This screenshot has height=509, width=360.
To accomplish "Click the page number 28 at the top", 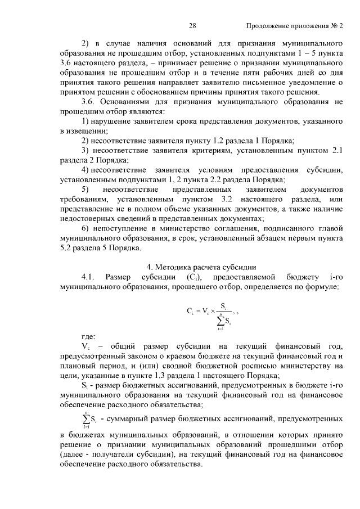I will (x=192, y=26).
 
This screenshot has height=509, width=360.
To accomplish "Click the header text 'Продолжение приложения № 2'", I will (x=294, y=26).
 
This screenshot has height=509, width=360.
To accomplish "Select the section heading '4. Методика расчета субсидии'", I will (x=201, y=266).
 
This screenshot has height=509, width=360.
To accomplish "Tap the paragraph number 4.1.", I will (x=90, y=277).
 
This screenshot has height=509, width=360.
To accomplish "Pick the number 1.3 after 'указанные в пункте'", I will (x=161, y=376).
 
